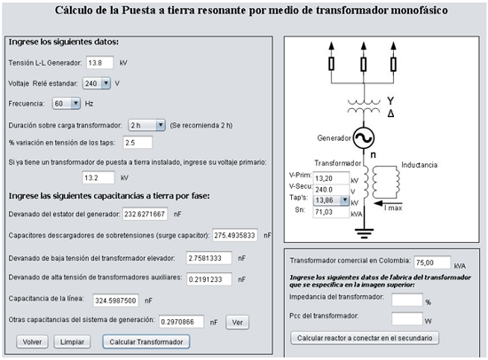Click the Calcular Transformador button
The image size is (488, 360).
146,341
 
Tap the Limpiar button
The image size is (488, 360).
72,341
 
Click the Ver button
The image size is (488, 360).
237,323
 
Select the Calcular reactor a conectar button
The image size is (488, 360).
365,338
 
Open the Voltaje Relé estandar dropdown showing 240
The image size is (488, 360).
97,83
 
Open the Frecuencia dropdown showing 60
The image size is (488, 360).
67,104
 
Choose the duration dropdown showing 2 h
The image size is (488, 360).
146,125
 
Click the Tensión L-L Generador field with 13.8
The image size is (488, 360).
99,63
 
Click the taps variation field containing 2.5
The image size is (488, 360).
138,143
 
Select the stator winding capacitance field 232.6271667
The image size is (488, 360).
145,214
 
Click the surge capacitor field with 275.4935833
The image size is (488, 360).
235,235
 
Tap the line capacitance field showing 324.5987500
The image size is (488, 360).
115,301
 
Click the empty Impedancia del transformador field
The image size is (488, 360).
407,300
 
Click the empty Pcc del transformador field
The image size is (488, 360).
407,318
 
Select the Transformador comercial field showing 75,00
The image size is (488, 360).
432,262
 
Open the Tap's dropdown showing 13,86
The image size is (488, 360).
331,200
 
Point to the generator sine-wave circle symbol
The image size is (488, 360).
364,137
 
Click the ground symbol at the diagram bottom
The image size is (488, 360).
364,233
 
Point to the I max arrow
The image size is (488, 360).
384,203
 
